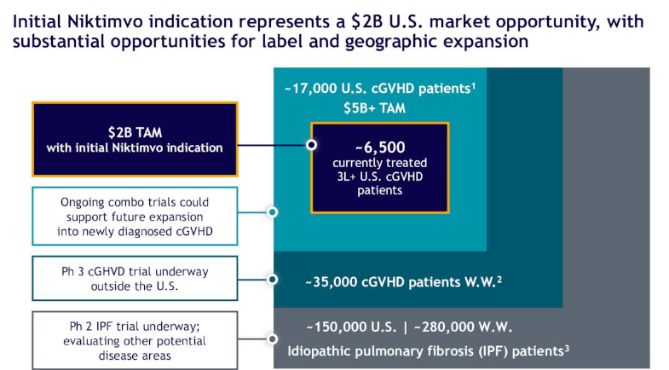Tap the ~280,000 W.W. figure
[x=463, y=327]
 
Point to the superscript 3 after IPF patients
[x=567, y=346]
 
